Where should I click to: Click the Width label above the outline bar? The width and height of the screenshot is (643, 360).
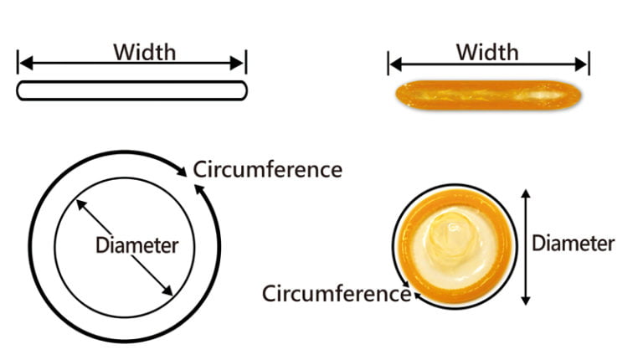(145, 51)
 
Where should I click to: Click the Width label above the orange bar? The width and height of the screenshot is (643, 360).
(486, 51)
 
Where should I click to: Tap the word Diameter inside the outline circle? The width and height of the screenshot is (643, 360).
(136, 245)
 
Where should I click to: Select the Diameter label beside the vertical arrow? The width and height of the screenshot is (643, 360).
(574, 244)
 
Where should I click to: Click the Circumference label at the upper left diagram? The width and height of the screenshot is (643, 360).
(268, 169)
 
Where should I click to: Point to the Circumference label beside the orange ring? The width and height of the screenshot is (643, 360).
(335, 294)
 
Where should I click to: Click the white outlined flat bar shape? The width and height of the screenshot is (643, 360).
(132, 90)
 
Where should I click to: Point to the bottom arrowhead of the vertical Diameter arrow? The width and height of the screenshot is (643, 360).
(526, 300)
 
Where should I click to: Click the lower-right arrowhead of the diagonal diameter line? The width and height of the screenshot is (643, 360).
(168, 291)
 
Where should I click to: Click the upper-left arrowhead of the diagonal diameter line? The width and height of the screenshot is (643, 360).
(80, 202)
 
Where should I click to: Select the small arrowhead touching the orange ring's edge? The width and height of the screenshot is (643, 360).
(406, 294)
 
